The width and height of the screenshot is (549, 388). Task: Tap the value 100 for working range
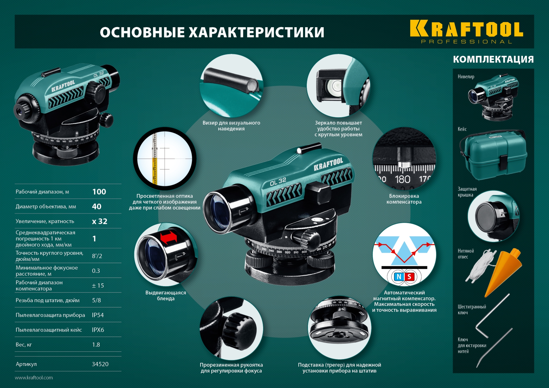99,192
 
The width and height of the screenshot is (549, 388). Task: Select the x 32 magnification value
100,221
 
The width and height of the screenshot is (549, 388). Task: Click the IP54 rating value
98,315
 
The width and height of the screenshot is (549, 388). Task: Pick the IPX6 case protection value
98,330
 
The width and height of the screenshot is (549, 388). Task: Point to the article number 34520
100,364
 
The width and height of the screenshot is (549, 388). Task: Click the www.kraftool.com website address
34,377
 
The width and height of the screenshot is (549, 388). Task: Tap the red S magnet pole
409,276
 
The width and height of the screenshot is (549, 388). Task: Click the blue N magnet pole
399,276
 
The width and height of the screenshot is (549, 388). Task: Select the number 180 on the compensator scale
402,180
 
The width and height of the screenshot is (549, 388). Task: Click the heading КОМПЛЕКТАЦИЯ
493,59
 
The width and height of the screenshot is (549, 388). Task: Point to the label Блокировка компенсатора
404,199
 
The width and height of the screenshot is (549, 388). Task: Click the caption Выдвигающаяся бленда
166,295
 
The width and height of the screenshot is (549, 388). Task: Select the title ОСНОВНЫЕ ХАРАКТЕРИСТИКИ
212,32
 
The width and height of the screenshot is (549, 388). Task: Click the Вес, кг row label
24,345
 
